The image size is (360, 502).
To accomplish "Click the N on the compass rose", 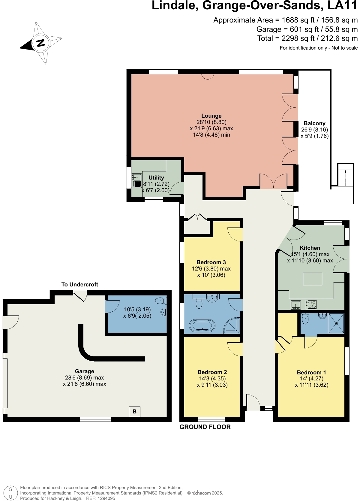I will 40,43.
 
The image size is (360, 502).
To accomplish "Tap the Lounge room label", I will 211,116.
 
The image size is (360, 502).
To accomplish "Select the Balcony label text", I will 314,123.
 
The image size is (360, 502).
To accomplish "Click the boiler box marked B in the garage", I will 134,412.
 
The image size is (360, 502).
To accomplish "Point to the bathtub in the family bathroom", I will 202,325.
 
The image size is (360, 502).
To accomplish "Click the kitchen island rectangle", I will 312,279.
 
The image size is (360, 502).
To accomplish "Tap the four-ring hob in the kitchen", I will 311,304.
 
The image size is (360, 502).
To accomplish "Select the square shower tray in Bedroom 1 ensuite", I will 336,323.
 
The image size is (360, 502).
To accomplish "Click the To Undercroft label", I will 79,285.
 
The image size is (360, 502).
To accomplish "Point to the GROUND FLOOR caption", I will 205,427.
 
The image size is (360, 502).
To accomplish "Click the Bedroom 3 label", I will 211,262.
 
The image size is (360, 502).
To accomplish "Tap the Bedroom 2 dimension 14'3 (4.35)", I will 212,379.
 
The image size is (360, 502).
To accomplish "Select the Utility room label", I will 156,178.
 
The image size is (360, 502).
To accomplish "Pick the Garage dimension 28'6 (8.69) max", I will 84,378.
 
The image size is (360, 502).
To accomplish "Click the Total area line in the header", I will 307,38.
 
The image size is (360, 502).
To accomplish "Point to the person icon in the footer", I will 11,493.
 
